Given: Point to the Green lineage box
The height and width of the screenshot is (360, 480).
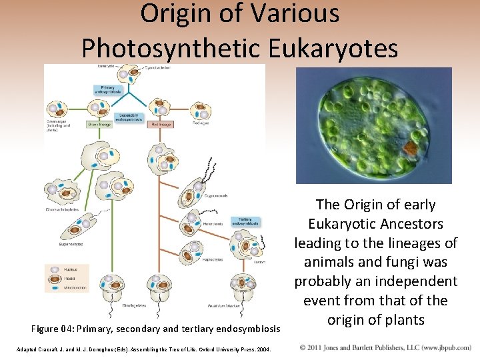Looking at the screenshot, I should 99,124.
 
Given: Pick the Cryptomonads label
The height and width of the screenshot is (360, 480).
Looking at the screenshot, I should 217,196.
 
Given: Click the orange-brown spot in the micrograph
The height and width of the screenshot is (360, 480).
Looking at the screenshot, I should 413,146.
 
